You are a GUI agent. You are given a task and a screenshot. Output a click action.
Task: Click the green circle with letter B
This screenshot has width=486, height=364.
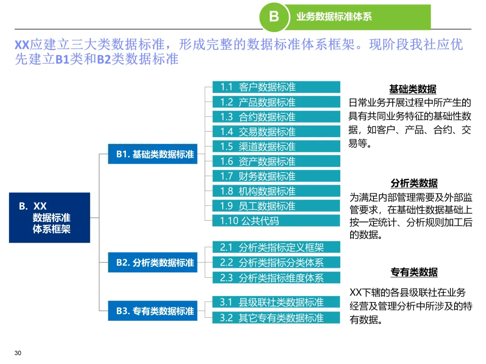(274, 18)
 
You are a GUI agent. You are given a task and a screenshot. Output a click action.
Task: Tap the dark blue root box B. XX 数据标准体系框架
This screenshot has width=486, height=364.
(49, 218)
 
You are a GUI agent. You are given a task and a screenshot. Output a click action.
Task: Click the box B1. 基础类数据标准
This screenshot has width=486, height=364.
(153, 154)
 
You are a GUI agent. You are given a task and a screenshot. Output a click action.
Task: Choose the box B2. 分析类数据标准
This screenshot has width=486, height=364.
(153, 262)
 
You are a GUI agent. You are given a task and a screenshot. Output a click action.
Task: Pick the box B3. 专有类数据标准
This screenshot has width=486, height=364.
(153, 311)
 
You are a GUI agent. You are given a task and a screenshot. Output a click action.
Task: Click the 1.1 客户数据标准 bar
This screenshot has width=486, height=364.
(276, 87)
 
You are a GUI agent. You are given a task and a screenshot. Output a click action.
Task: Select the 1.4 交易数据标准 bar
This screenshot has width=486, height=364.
(276, 132)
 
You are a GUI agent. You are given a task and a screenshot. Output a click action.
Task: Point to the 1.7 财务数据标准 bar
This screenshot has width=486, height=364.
(276, 176)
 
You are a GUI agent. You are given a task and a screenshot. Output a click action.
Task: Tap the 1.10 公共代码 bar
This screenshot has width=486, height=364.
(276, 221)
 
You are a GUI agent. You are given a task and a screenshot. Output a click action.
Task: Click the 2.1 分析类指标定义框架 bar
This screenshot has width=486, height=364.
(276, 247)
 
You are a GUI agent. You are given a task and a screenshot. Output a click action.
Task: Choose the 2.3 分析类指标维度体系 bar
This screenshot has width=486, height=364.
(276, 277)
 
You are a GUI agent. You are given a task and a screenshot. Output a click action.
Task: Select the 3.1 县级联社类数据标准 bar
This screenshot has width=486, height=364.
(276, 302)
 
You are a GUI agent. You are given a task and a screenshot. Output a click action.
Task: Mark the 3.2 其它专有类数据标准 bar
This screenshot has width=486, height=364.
(276, 318)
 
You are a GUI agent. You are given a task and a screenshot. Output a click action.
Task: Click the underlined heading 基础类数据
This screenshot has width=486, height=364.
(413, 89)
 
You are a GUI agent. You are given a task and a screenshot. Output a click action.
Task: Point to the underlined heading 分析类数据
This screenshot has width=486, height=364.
(414, 183)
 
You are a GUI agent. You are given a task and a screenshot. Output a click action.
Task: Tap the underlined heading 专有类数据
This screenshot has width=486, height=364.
(414, 272)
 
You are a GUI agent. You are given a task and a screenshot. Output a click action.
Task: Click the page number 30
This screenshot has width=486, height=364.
(18, 353)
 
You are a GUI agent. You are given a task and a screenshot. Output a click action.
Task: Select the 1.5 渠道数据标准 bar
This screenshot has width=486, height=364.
(276, 146)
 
